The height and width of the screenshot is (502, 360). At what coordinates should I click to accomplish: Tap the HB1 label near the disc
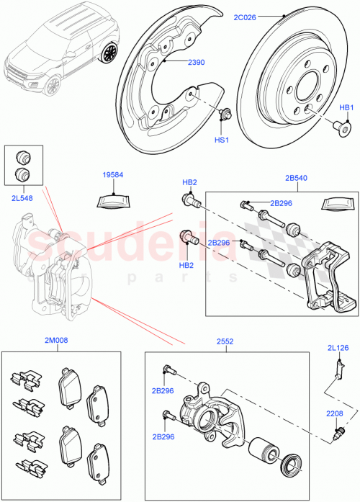(x=346, y=107)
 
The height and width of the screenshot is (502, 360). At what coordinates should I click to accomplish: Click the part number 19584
(x=113, y=174)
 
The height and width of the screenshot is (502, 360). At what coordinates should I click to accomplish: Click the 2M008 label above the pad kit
(x=57, y=341)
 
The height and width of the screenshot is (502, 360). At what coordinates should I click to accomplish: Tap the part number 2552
(x=225, y=341)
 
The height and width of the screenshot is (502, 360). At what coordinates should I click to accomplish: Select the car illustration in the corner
(x=61, y=48)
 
